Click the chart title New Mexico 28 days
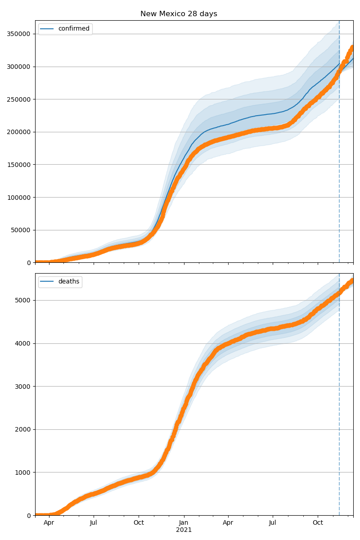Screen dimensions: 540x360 pyautogui.click(x=179, y=14)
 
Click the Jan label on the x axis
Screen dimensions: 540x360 pyautogui.click(x=184, y=523)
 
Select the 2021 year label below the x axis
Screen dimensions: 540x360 pyautogui.click(x=184, y=530)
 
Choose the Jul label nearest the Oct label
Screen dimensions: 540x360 pyautogui.click(x=273, y=523)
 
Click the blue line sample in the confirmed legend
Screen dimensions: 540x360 pyautogui.click(x=47, y=29)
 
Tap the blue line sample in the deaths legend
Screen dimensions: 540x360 pyautogui.click(x=47, y=282)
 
